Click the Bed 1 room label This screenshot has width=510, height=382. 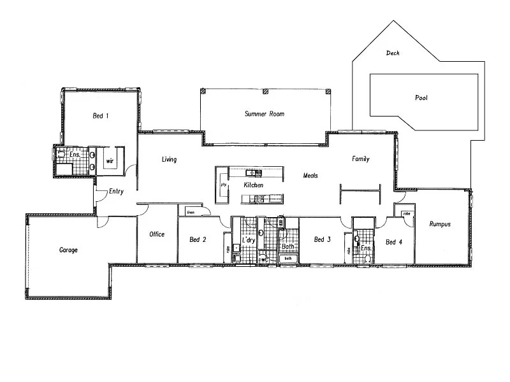[x=101, y=116]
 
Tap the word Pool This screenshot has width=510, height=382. [x=421, y=98]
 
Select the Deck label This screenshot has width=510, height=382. [x=393, y=53]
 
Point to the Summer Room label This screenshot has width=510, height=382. [x=265, y=114]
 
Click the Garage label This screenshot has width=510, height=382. [x=68, y=250]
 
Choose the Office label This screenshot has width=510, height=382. [x=157, y=234]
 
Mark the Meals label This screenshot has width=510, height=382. [x=310, y=175]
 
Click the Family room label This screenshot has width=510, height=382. [x=361, y=159]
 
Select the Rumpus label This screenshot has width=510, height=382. [x=440, y=224]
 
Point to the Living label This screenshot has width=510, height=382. [x=169, y=159]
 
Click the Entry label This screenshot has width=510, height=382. [x=116, y=192]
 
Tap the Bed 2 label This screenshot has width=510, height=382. [x=198, y=240]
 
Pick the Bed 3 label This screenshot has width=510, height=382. [x=322, y=240]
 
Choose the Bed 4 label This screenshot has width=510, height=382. [x=394, y=242]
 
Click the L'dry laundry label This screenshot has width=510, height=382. [x=249, y=240]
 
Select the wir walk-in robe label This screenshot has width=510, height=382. [x=110, y=161]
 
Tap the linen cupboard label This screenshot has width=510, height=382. [x=191, y=211]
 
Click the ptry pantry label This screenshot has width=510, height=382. [x=224, y=185]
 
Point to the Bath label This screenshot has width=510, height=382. [x=288, y=246]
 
